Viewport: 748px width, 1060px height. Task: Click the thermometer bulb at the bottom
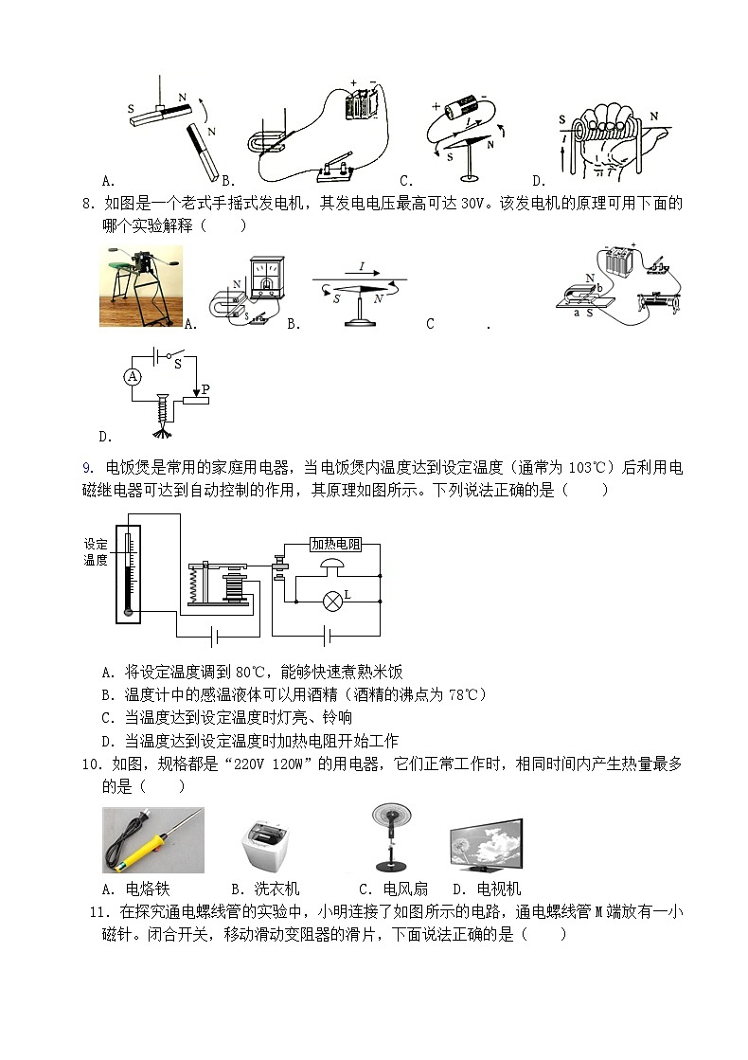(128, 612)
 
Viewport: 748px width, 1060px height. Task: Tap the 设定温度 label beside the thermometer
(96, 552)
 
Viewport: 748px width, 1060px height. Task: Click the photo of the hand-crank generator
(141, 286)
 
